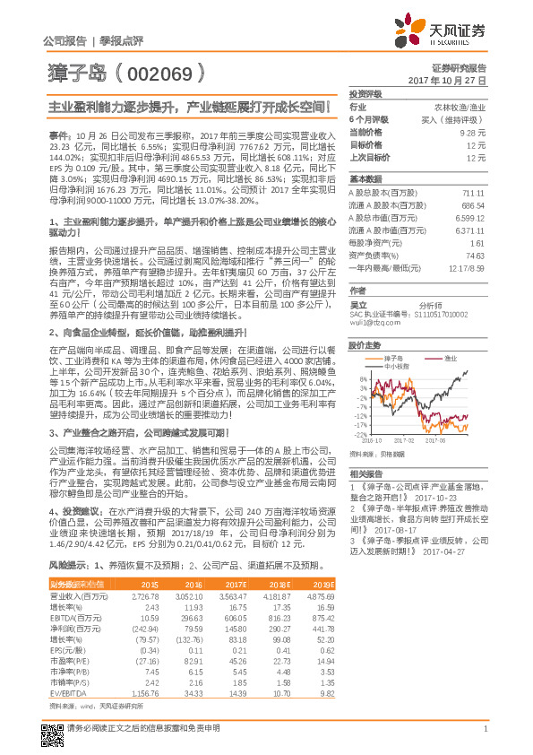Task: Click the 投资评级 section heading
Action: click(365, 93)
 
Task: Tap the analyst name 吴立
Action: click(357, 292)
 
